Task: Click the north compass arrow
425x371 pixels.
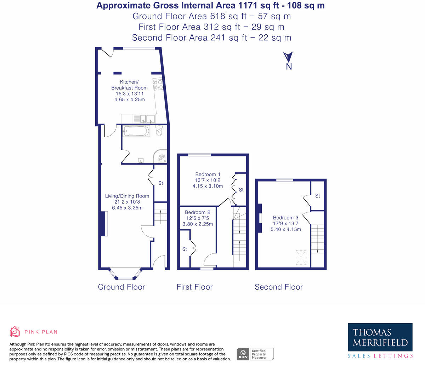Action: click(288, 57)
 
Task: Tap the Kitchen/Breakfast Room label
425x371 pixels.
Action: click(129, 85)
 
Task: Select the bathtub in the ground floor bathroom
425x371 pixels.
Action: click(136, 132)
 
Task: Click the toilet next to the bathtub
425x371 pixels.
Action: click(159, 131)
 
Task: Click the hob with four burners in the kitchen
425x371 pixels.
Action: click(158, 84)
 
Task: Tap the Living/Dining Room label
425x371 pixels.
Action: click(127, 196)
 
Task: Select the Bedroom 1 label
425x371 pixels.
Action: click(208, 174)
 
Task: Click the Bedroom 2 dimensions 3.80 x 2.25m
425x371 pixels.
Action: click(198, 224)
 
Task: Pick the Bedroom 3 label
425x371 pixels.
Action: click(285, 217)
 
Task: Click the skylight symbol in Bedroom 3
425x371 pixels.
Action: click(301, 257)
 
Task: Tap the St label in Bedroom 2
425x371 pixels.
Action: click(185, 249)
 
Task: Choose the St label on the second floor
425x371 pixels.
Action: click(317, 196)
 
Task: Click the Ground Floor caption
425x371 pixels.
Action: click(121, 287)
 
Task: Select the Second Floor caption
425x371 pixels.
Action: click(279, 287)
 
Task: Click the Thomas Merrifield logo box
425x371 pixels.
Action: click(380, 337)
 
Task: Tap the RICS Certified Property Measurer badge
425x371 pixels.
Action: click(255, 354)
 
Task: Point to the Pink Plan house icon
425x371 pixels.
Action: click(15, 332)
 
